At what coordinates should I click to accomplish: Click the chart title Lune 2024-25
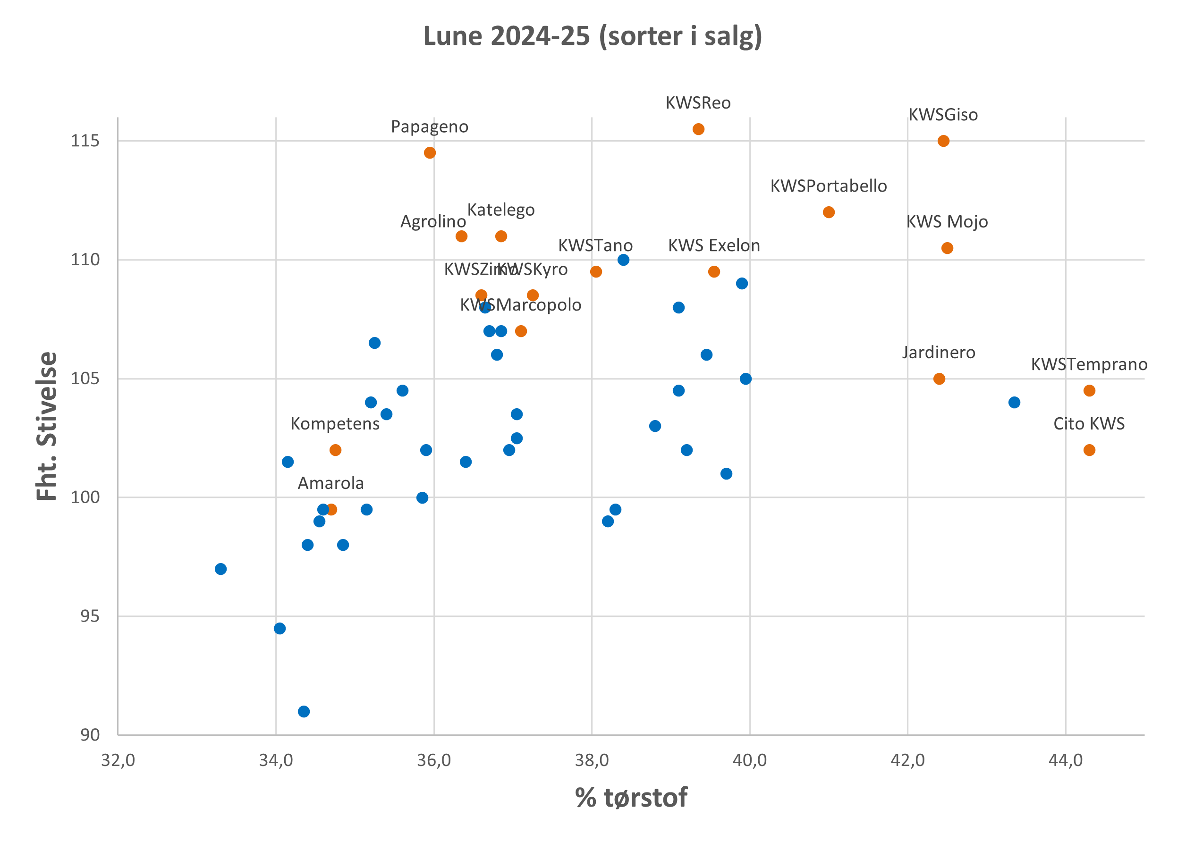click(x=592, y=36)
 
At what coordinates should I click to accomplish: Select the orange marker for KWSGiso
click(x=943, y=141)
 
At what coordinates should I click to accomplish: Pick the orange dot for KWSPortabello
click(x=829, y=212)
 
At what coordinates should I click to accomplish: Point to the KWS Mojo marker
click(x=948, y=248)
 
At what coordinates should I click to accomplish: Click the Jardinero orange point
click(x=939, y=379)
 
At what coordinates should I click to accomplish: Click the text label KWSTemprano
click(x=1089, y=364)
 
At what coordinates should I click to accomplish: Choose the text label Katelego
click(x=500, y=210)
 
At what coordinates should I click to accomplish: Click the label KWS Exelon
click(x=714, y=246)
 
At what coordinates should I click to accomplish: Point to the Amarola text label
click(x=330, y=483)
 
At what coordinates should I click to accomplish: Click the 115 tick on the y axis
click(x=85, y=141)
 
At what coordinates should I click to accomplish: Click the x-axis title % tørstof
click(x=631, y=798)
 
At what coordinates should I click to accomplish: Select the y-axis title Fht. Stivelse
click(x=47, y=426)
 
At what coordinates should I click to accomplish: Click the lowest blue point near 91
click(x=304, y=711)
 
